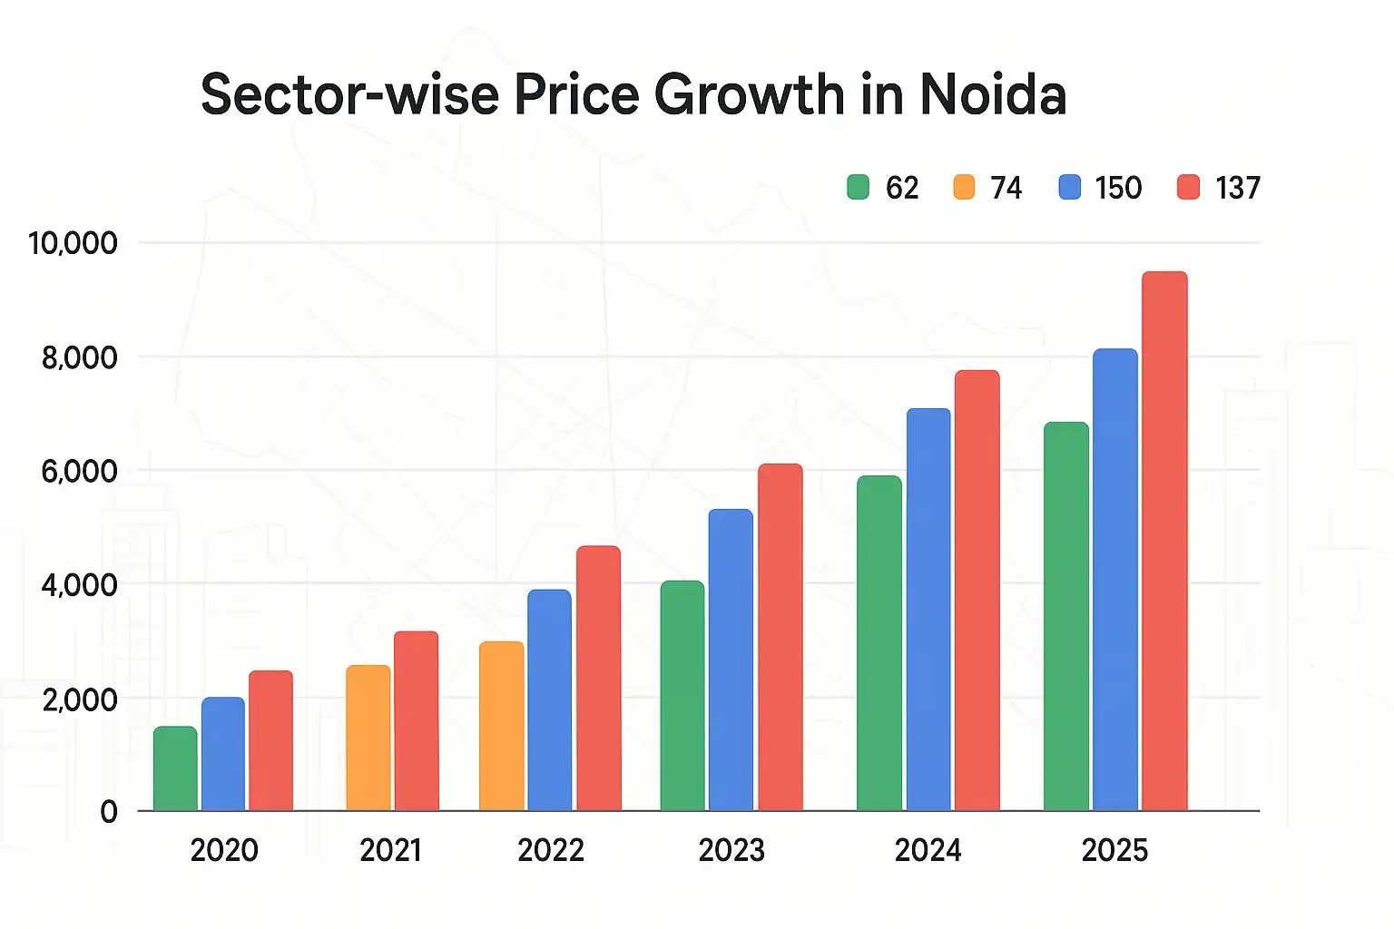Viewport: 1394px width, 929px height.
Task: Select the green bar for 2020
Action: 175,768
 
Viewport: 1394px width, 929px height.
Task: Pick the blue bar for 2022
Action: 549,699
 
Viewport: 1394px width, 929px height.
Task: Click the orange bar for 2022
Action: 501,726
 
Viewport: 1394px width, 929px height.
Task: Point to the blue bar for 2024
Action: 928,610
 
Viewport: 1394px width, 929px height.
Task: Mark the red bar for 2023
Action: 780,637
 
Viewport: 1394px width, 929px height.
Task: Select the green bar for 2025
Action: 1066,616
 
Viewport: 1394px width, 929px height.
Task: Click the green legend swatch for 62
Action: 858,188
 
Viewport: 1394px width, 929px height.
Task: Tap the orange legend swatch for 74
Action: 964,188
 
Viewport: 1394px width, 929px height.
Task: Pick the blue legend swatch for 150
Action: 1070,188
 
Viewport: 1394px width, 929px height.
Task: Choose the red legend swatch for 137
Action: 1188,188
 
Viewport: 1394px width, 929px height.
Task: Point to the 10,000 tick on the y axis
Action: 73,243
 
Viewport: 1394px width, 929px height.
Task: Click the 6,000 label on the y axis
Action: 79,471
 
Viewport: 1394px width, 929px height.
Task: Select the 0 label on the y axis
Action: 109,811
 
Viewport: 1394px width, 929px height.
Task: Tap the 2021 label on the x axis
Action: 390,850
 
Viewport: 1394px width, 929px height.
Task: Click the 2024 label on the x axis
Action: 928,850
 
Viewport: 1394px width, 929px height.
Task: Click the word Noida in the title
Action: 993,94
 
